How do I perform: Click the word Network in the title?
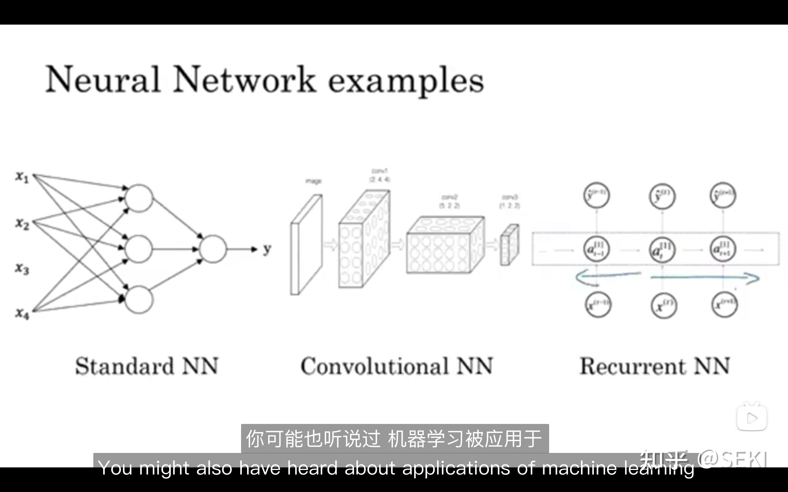(x=244, y=80)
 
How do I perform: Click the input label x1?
(x=22, y=177)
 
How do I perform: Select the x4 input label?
(x=22, y=314)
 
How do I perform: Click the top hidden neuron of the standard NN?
(x=139, y=198)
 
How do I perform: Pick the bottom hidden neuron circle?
(x=139, y=300)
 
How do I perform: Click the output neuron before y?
(x=213, y=249)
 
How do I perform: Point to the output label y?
(x=267, y=249)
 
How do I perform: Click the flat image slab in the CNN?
(x=306, y=245)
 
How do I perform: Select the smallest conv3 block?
(x=509, y=245)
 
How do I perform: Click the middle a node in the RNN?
(x=662, y=250)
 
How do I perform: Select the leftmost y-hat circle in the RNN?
(x=596, y=195)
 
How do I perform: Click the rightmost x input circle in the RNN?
(x=724, y=305)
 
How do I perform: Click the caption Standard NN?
(x=147, y=366)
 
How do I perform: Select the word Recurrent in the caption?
(x=632, y=366)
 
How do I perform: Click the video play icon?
(x=752, y=418)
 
